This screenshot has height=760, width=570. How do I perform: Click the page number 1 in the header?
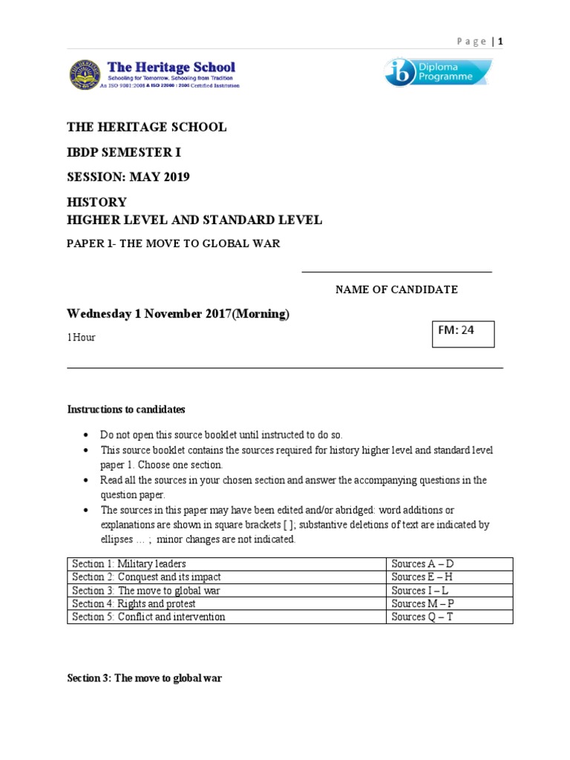[500, 42]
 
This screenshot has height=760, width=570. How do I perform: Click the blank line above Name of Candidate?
[396, 272]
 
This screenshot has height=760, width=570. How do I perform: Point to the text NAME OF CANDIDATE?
[396, 289]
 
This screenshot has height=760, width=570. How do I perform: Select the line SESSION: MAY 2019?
[128, 177]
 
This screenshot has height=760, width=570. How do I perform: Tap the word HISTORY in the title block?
[97, 202]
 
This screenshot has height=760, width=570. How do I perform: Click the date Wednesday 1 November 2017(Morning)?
[178, 314]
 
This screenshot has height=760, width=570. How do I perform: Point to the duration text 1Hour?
[82, 338]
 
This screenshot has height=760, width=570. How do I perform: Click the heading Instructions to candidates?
[126, 410]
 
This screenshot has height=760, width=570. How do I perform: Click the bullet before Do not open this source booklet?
[87, 435]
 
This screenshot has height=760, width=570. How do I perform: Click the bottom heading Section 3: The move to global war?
[145, 678]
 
